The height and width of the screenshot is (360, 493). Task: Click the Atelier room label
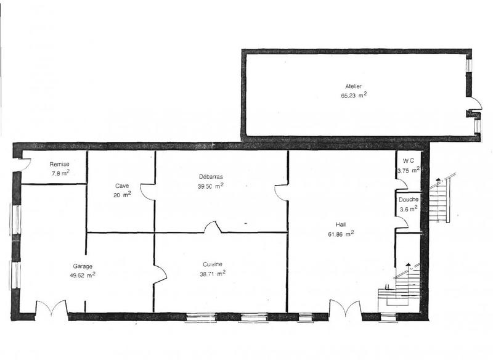tap(354, 87)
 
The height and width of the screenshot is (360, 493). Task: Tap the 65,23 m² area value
tap(354, 96)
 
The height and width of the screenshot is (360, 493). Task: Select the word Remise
tap(60, 165)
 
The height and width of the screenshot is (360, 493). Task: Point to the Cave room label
tap(121, 186)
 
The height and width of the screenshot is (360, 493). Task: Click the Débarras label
tap(210, 177)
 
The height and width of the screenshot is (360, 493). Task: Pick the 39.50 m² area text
tap(210, 186)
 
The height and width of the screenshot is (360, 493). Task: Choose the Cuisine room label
tap(211, 264)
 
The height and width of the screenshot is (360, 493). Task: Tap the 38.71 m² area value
tap(212, 273)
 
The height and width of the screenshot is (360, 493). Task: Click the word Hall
tap(341, 225)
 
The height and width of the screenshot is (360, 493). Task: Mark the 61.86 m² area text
tap(341, 234)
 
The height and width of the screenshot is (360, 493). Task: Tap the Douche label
tap(409, 200)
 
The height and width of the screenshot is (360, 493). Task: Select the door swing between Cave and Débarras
tap(148, 192)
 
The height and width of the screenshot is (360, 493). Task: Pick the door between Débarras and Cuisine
tap(213, 227)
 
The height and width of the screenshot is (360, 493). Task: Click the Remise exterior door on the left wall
tap(25, 165)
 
